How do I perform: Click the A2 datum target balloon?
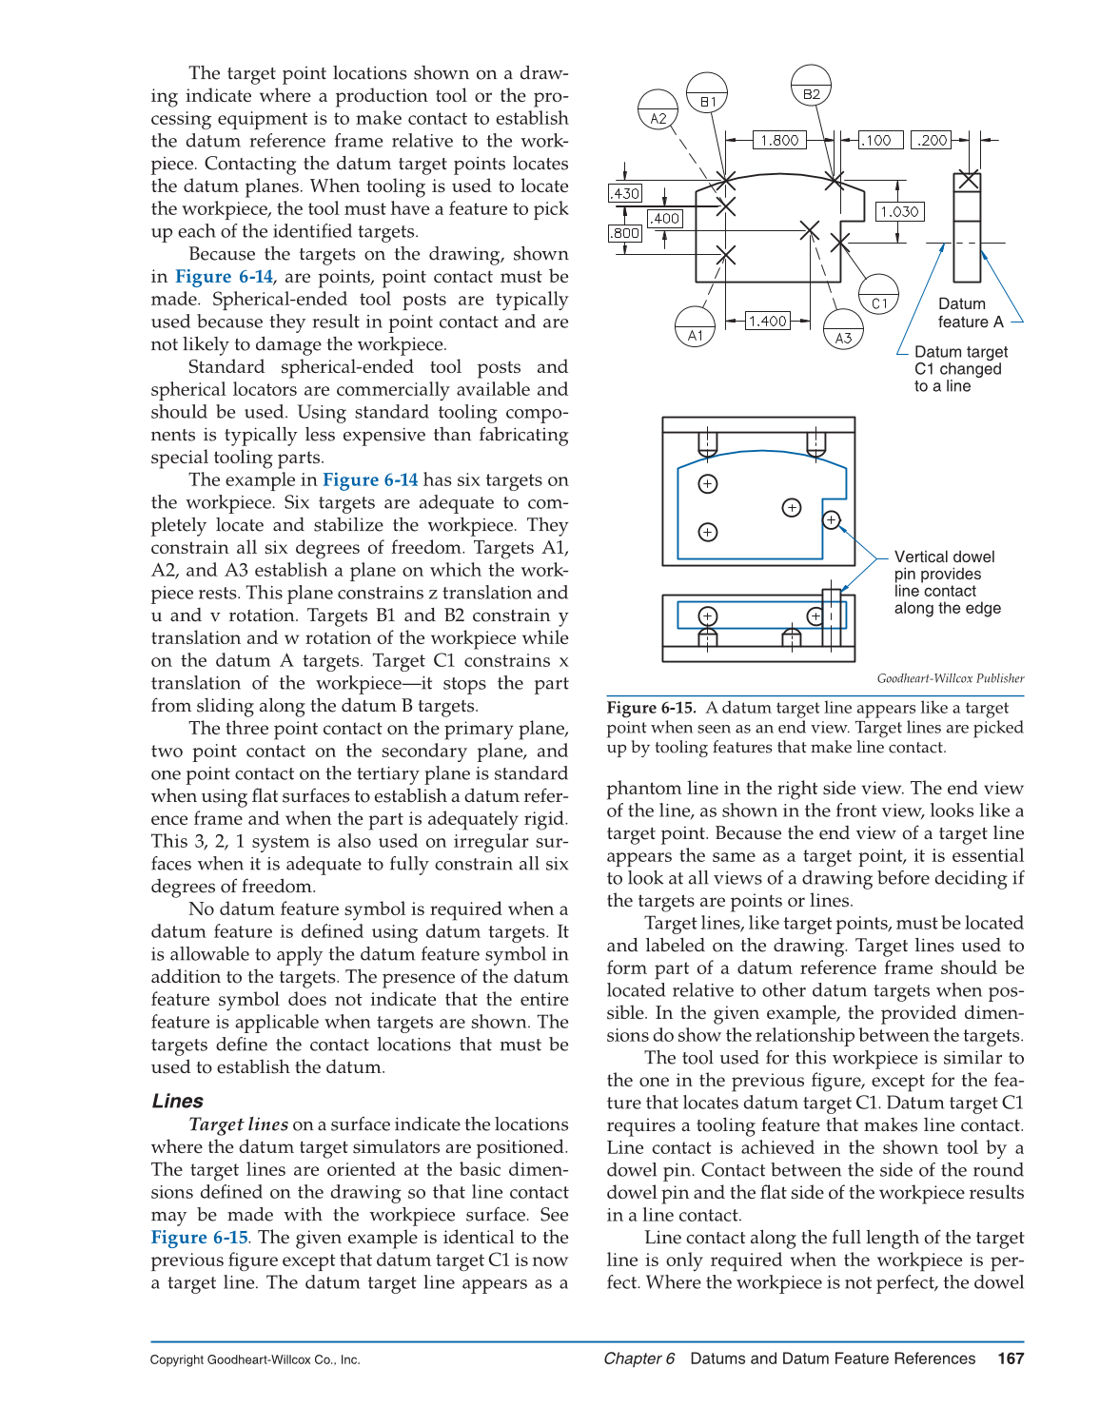point(658,110)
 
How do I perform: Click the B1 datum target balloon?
point(707,93)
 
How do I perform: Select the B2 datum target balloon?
point(811,86)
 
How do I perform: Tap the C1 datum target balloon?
point(878,295)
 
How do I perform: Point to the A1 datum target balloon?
point(695,327)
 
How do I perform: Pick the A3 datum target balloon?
point(843,329)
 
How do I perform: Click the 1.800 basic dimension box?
point(779,140)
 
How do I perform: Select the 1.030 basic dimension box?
point(899,211)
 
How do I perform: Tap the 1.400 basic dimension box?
point(767,321)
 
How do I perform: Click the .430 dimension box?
point(625,193)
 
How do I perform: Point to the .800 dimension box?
point(625,233)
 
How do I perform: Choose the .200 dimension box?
point(932,140)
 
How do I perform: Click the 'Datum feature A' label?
point(970,313)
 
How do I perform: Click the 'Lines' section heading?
point(178,1101)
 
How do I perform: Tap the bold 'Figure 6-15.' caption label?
point(652,708)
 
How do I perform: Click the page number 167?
point(1011,1358)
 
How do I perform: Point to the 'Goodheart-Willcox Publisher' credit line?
point(950,678)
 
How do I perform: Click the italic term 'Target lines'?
point(239,1124)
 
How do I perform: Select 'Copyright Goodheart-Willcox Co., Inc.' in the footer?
point(255,1359)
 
